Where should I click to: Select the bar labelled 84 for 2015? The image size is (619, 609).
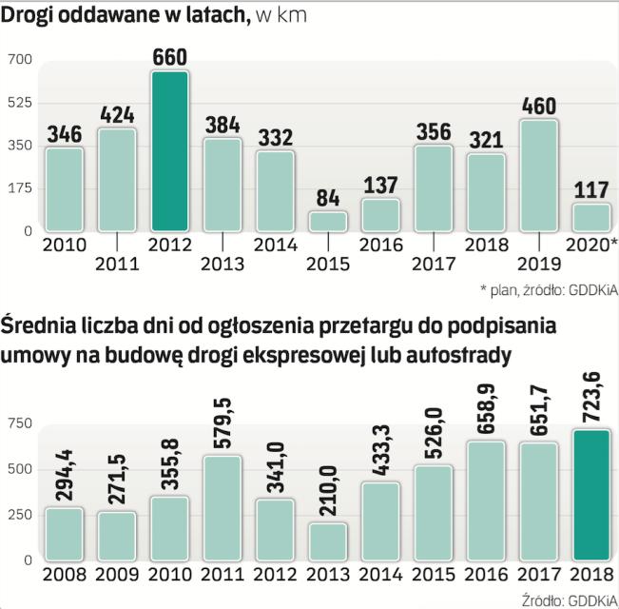pyautogui.click(x=328, y=221)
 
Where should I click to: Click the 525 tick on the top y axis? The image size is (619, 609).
pyautogui.click(x=21, y=103)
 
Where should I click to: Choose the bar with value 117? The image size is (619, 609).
pyautogui.click(x=590, y=217)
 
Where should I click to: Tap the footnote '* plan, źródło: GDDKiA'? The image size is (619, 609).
pyautogui.click(x=545, y=289)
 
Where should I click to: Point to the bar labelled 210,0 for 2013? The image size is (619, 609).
pyautogui.click(x=328, y=540)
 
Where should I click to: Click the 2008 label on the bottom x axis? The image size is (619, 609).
pyautogui.click(x=64, y=576)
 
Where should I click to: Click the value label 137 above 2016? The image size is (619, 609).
pyautogui.click(x=381, y=183)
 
